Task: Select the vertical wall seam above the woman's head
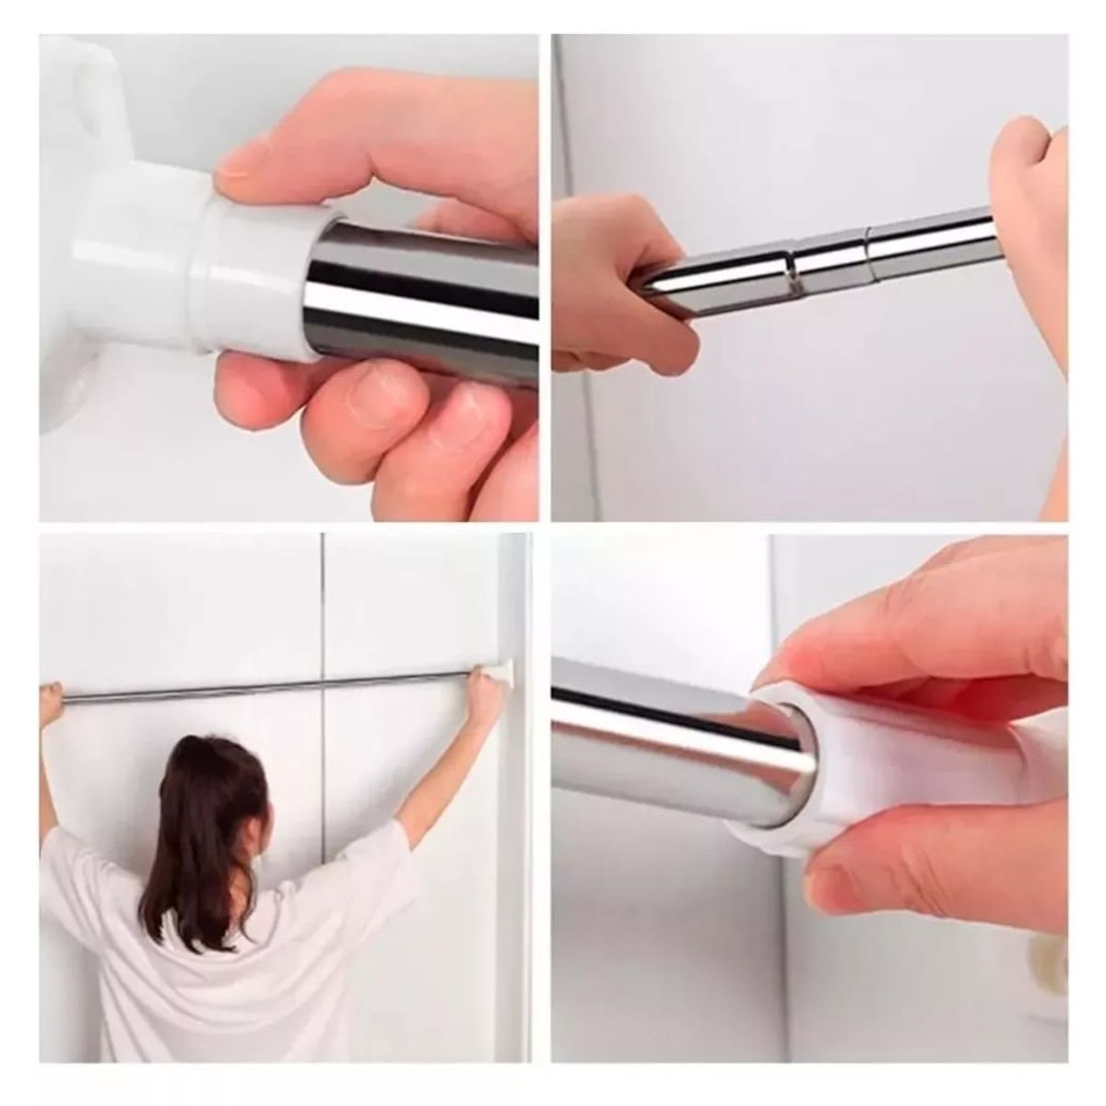pos(322,627)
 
